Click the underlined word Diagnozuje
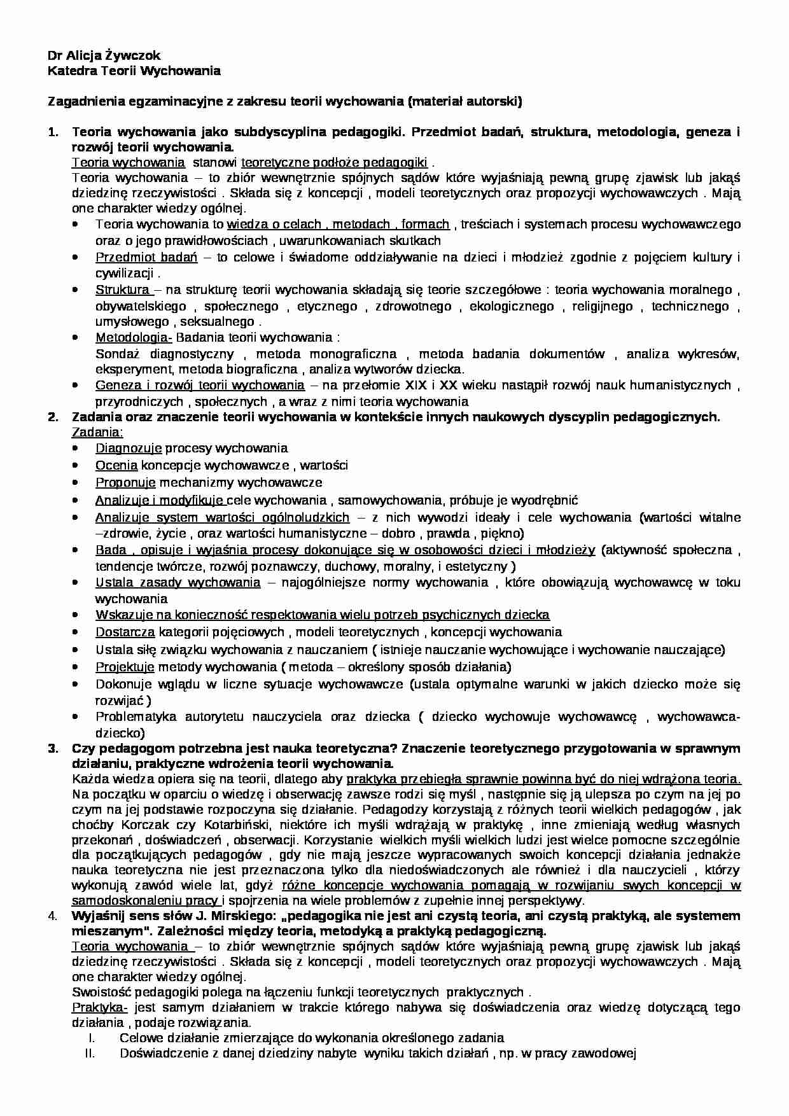point(129,448)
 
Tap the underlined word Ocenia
point(116,465)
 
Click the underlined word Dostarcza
point(125,632)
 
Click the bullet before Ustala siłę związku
point(76,650)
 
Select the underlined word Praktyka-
point(100,1008)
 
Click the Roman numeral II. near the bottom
point(90,1053)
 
